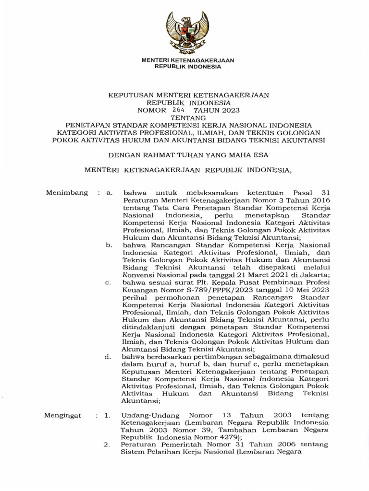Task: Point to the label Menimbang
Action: click(67, 193)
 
